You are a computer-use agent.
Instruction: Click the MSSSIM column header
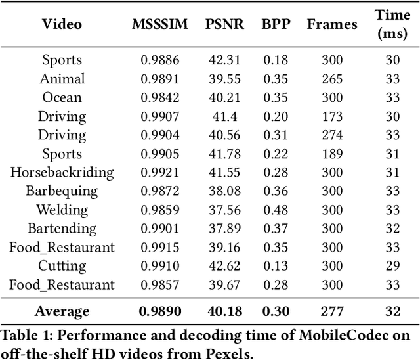[160, 24]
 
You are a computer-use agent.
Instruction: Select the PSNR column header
[224, 24]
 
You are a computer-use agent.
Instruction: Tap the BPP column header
[276, 24]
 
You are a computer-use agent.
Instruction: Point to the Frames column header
[332, 24]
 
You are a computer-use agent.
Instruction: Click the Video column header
[62, 24]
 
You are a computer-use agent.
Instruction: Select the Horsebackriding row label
[62, 173]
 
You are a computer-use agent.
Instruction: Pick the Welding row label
[62, 210]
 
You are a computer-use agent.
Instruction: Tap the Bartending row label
[62, 229]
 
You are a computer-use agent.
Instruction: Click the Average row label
[62, 311]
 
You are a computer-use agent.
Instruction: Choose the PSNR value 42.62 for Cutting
[224, 266]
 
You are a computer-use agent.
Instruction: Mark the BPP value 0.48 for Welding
[276, 210]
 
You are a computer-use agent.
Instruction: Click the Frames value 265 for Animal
[332, 79]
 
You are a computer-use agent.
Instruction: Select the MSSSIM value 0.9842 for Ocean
[160, 98]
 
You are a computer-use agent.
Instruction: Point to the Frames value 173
[332, 116]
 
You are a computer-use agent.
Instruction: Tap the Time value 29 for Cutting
[392, 266]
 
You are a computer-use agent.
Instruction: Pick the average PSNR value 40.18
[224, 311]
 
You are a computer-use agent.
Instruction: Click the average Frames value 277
[332, 311]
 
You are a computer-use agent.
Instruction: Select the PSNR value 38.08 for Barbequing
[224, 191]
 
